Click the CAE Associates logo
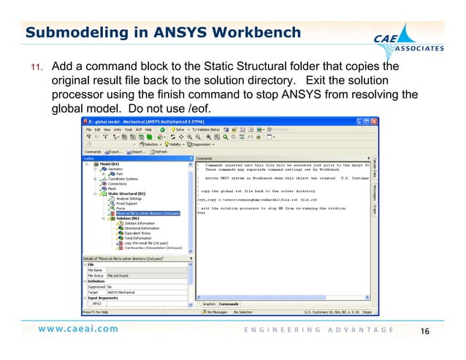point(415,42)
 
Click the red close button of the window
point(374,120)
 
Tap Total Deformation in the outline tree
point(137,238)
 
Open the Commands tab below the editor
point(229,303)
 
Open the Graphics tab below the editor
point(209,303)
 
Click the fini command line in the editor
point(202,212)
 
